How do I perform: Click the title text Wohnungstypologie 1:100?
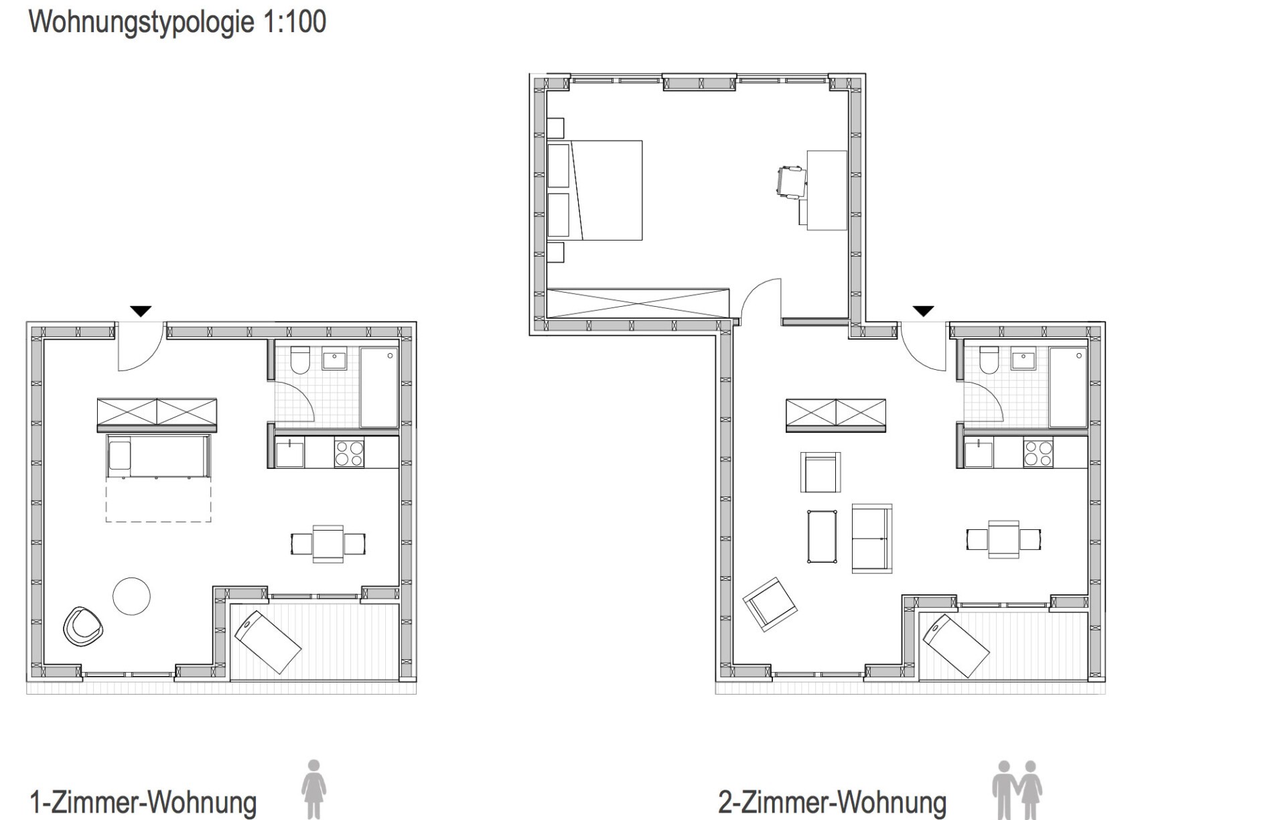(x=177, y=22)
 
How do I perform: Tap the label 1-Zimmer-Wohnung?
(x=143, y=801)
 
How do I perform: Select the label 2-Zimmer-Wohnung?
(x=832, y=801)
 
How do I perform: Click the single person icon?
(x=313, y=789)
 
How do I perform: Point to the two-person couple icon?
(x=1017, y=789)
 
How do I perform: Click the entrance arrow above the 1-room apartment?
(x=141, y=311)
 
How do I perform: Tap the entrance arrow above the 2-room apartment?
(x=924, y=311)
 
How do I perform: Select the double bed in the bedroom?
(x=595, y=190)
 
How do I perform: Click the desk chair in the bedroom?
(x=791, y=182)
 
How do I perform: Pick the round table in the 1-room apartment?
(x=131, y=596)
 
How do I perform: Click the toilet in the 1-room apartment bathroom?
(x=300, y=360)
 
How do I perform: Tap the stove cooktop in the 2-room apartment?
(x=1038, y=452)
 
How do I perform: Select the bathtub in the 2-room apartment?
(x=1068, y=387)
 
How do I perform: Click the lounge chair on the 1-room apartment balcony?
(x=267, y=642)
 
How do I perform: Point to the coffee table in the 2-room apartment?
(x=822, y=537)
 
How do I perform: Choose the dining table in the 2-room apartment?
(x=1003, y=539)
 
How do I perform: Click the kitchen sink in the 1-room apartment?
(x=289, y=453)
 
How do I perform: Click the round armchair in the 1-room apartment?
(x=83, y=627)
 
